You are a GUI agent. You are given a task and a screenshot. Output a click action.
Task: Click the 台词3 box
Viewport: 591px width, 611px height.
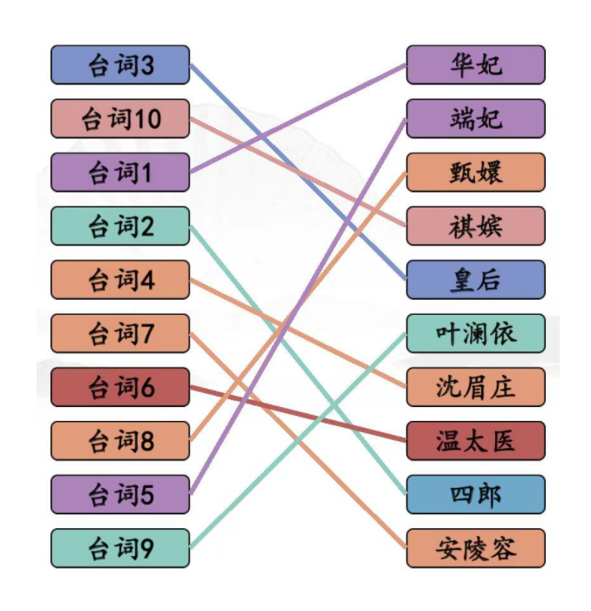[120, 65]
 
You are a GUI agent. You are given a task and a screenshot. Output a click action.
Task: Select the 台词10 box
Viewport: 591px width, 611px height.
[120, 119]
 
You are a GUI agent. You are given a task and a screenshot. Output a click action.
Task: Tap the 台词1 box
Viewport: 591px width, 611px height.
[120, 173]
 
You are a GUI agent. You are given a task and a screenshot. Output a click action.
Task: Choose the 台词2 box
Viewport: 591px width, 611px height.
[120, 227]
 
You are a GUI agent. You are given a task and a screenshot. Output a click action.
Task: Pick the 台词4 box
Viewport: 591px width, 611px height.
[120, 280]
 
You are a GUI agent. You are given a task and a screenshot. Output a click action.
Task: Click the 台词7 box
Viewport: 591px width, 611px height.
[120, 333]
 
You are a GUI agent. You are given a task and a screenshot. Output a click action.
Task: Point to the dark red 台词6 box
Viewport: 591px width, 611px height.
[120, 387]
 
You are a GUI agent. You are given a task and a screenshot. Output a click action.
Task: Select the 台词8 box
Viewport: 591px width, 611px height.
[120, 441]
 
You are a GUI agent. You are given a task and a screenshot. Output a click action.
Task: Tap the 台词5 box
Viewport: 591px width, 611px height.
[120, 494]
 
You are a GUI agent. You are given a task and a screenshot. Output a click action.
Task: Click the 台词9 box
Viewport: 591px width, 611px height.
[120, 548]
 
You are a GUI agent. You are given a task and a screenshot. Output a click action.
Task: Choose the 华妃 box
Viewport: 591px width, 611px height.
[476, 65]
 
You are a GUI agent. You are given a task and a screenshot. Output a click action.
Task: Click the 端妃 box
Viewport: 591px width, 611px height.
[476, 119]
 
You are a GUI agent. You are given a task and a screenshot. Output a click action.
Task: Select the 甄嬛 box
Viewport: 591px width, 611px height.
[476, 173]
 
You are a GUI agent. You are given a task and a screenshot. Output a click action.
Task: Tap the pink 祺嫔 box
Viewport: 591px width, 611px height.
[476, 227]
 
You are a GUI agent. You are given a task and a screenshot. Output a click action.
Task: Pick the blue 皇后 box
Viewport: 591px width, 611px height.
[476, 280]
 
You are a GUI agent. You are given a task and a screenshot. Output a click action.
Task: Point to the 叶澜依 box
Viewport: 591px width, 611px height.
[476, 333]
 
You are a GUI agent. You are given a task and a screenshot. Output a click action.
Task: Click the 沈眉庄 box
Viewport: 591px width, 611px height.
[476, 387]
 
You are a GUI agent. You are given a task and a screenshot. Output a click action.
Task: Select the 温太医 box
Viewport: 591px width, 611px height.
[476, 441]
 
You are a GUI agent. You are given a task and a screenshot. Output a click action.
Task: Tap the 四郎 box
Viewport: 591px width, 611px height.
[476, 494]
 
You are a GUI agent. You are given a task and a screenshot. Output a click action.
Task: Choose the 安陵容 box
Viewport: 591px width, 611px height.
[476, 548]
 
